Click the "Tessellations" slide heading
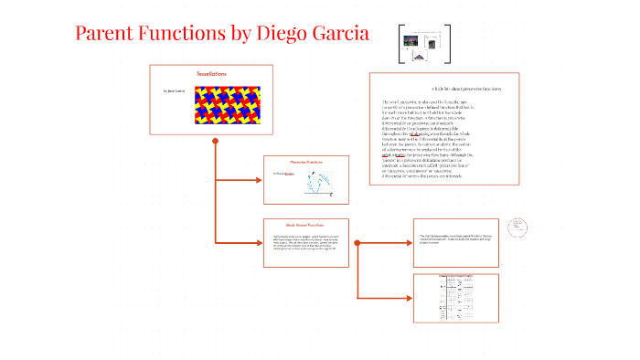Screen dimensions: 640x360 pos(211,73)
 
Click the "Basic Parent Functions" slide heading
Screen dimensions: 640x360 pos(305,224)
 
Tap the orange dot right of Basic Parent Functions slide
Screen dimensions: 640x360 pos(357,242)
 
